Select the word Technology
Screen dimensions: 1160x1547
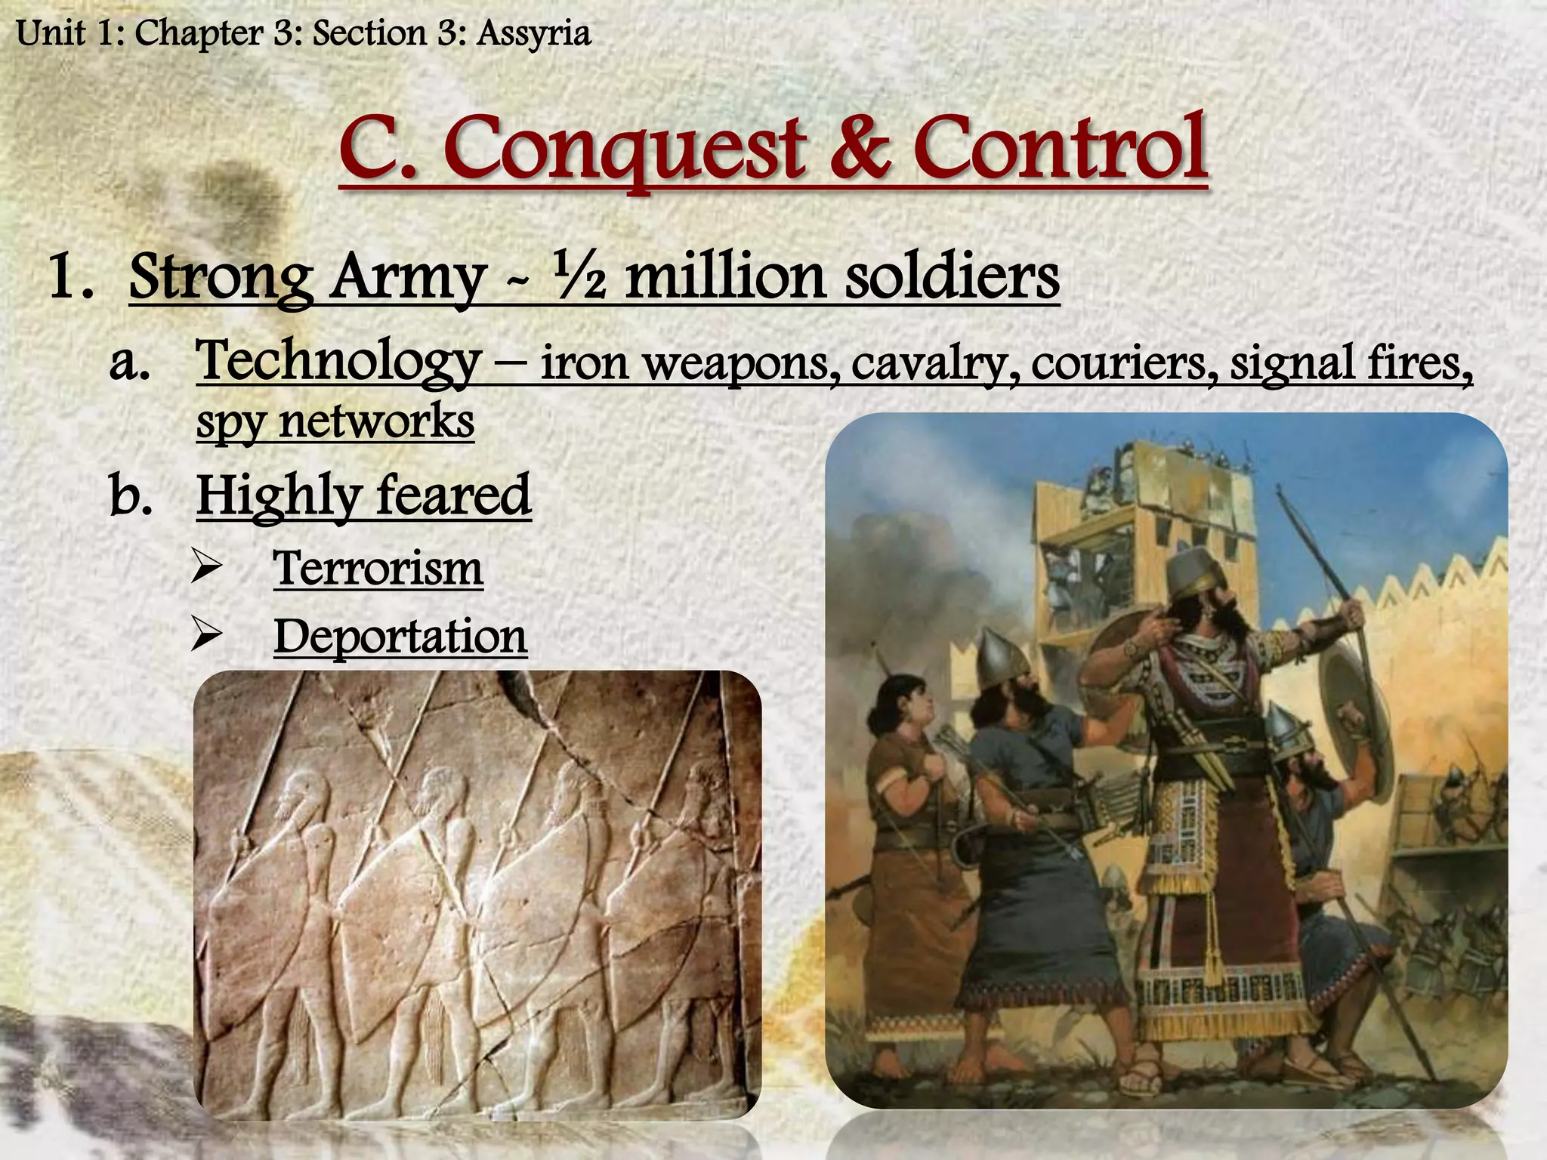pyautogui.click(x=338, y=360)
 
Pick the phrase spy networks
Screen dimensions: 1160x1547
pyautogui.click(x=335, y=421)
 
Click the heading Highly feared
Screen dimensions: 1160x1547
pyautogui.click(x=363, y=495)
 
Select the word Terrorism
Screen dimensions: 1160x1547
pyautogui.click(x=378, y=568)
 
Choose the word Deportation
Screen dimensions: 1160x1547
pyautogui.click(x=400, y=637)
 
